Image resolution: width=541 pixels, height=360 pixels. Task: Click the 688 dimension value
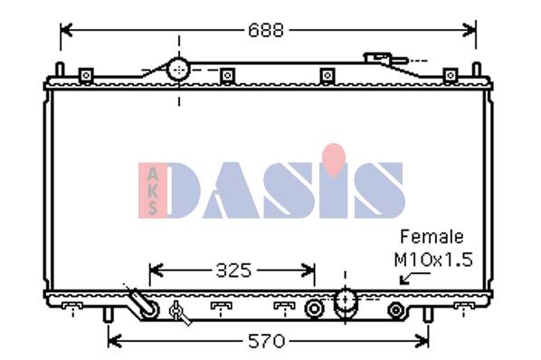point(266,31)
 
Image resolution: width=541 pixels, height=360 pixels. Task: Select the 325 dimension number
point(233,270)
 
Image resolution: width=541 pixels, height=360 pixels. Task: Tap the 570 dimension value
point(266,342)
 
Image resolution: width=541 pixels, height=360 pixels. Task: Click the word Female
point(432,237)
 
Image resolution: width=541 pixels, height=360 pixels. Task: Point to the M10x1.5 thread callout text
point(433,260)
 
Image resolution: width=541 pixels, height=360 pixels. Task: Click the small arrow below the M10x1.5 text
point(414,279)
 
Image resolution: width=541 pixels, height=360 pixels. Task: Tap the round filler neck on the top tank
point(179,70)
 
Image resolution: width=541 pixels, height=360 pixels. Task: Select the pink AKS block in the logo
point(152,190)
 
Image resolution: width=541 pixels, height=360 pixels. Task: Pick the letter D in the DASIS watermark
point(184,190)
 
